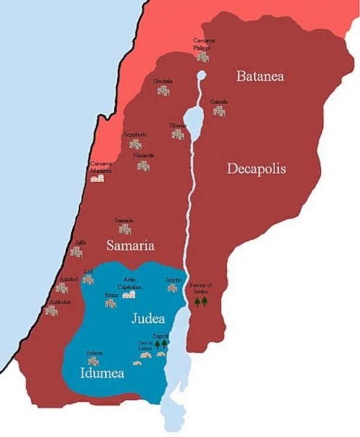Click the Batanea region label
(x=260, y=76)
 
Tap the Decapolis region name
(x=256, y=169)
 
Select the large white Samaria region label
(x=130, y=245)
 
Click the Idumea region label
(x=102, y=373)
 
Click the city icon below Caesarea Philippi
(x=202, y=57)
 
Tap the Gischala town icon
(x=163, y=91)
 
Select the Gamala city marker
(x=219, y=111)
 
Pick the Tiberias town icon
(x=178, y=134)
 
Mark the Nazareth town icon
(x=143, y=166)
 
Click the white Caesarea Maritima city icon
(x=97, y=177)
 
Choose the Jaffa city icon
(x=76, y=252)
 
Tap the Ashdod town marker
(x=61, y=288)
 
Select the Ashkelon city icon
(x=52, y=310)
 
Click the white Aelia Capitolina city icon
(x=129, y=294)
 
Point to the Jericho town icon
(x=172, y=288)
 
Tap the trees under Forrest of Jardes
(x=201, y=301)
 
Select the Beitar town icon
(x=110, y=303)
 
